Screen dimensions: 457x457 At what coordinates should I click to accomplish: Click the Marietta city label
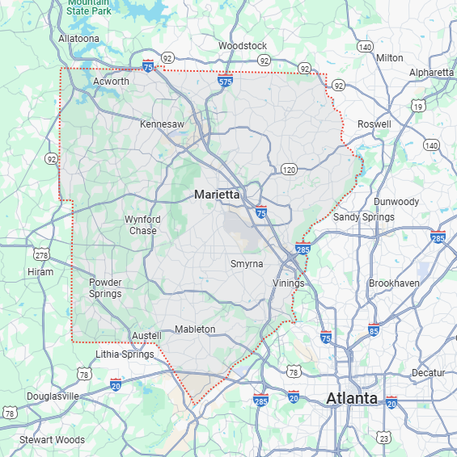tap(217, 195)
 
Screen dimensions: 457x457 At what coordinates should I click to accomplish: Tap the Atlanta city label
tap(351, 399)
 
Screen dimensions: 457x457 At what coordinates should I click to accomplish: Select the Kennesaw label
tap(162, 124)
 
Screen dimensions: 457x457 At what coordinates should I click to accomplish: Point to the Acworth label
tap(111, 82)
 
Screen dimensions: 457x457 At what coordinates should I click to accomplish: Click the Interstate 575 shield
tap(226, 80)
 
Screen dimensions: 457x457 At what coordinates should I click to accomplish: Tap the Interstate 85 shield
tap(373, 330)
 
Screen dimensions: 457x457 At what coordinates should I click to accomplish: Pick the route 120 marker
tap(289, 169)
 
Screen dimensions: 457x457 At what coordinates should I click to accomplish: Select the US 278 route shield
tap(41, 255)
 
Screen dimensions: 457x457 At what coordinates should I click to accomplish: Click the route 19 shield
tap(417, 106)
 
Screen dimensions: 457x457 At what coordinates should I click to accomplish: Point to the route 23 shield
tap(383, 438)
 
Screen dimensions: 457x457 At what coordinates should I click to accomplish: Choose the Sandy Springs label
tap(364, 216)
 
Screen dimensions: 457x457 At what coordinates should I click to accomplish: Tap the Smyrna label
tap(247, 264)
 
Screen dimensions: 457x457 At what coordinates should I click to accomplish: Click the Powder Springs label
tap(105, 287)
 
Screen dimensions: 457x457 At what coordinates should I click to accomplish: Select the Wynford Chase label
tap(142, 224)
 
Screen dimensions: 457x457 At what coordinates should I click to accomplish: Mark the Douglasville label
tap(53, 396)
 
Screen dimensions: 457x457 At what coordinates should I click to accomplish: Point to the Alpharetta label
tap(431, 72)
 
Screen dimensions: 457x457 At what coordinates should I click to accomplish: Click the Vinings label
tap(288, 283)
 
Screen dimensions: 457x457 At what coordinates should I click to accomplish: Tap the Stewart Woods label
tap(52, 440)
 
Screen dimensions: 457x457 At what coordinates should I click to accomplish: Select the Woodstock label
tap(243, 46)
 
